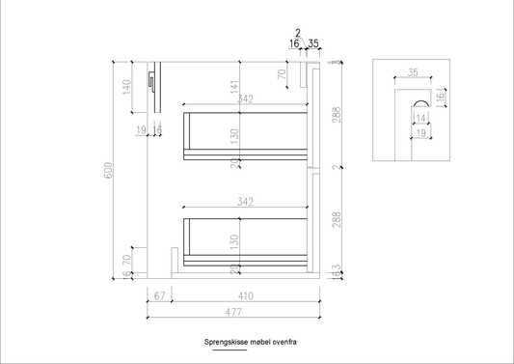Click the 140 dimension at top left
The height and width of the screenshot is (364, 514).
pyautogui.click(x=126, y=86)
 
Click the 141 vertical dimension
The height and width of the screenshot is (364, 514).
pyautogui.click(x=232, y=86)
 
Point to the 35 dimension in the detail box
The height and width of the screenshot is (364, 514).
pyautogui.click(x=414, y=72)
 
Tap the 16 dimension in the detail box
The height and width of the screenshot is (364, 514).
pyautogui.click(x=440, y=98)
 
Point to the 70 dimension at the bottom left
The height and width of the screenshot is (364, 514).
pyautogui.click(x=126, y=259)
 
